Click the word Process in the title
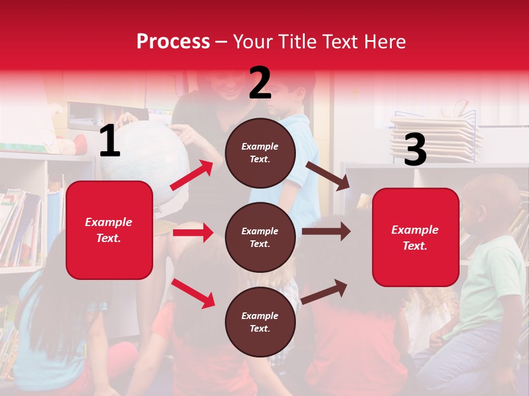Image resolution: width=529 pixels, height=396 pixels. [173, 42]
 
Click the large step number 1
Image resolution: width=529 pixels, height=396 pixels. [110, 141]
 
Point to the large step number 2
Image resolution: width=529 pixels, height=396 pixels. [260, 83]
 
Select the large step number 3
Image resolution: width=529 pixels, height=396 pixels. [415, 150]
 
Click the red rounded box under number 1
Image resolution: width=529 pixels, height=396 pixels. [109, 230]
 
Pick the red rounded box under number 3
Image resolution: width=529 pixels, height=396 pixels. [415, 237]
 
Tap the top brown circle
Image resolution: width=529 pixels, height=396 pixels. [260, 153]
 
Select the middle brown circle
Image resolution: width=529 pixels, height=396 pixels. [260, 237]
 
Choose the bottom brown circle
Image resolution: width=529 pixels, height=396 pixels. [260, 322]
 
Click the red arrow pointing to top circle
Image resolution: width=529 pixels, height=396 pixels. [192, 175]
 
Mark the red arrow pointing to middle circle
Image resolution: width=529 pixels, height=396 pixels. [193, 233]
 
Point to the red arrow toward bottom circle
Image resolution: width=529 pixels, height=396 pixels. [193, 293]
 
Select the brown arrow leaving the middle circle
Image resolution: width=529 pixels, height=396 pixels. [326, 232]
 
